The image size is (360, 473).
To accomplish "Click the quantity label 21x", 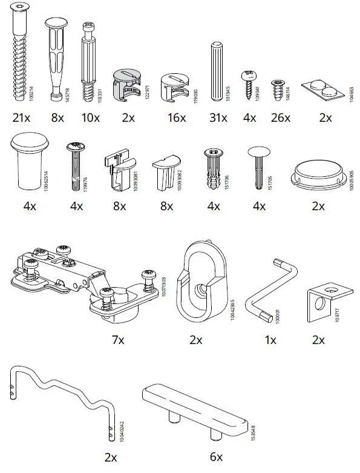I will pyautogui.click(x=21, y=117).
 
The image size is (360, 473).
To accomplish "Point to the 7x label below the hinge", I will pyautogui.click(x=118, y=340).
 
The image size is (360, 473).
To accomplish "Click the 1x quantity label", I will pyautogui.click(x=270, y=340).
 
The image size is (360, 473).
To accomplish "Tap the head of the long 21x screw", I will pyautogui.click(x=21, y=13).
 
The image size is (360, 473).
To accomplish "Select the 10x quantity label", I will pyautogui.click(x=91, y=117).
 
